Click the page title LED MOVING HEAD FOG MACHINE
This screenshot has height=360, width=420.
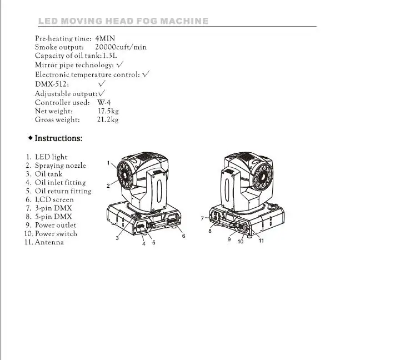click(123, 21)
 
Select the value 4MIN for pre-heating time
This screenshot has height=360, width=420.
click(105, 38)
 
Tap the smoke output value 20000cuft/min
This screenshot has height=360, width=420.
click(121, 47)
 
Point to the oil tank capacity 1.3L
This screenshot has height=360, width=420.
click(110, 56)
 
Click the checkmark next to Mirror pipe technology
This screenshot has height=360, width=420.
click(120, 64)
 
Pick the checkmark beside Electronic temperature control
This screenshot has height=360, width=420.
click(146, 74)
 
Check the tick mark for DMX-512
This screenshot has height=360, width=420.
click(102, 83)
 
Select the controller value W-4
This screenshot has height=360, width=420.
click(104, 103)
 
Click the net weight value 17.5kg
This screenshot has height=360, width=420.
click(108, 111)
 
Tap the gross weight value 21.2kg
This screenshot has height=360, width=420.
click(108, 120)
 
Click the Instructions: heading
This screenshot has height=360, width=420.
click(58, 138)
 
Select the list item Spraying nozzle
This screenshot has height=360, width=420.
click(60, 166)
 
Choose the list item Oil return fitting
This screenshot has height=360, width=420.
click(63, 191)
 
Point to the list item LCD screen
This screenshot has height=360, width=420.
click(54, 200)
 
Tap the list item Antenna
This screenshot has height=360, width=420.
click(49, 242)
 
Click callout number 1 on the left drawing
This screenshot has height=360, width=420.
click(108, 163)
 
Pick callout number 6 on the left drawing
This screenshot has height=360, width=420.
click(183, 236)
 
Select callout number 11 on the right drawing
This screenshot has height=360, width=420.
click(261, 241)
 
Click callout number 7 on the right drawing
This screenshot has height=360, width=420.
click(202, 218)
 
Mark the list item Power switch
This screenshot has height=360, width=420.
click(56, 234)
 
